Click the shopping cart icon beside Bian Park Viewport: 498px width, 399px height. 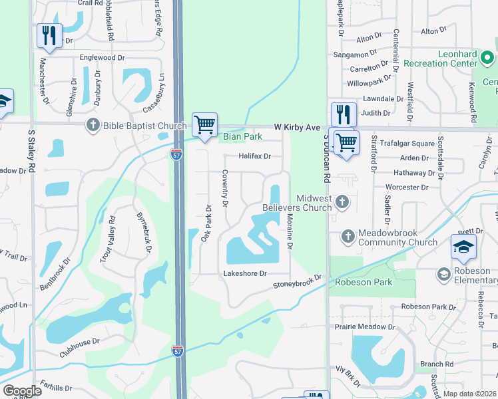point(204,124)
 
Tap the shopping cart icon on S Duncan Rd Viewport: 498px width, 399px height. point(346,142)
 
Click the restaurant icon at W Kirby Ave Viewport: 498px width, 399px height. point(344,114)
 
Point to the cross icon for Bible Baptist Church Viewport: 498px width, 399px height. point(93,125)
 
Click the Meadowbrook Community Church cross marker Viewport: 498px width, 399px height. point(348,236)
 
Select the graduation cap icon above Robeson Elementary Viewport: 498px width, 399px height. point(463,246)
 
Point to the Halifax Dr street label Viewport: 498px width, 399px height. point(255,156)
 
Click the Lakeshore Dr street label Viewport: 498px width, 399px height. point(245,273)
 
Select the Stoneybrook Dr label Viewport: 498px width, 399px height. point(297,282)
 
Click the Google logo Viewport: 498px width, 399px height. point(21,391)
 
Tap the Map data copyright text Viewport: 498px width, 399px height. point(469,394)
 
